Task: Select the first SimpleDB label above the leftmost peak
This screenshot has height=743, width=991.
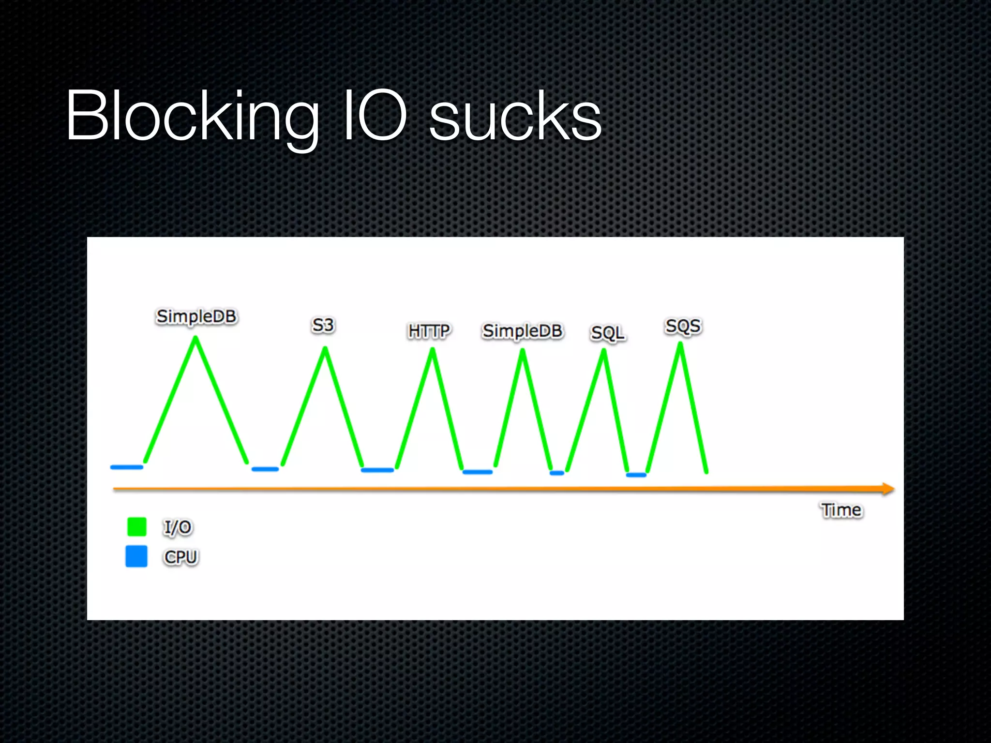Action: [196, 316]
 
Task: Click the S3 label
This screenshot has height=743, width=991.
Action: [323, 325]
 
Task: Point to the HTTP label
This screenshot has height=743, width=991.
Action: [429, 331]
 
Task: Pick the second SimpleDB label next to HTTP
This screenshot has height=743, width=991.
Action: [523, 331]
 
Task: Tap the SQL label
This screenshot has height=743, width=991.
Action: [608, 333]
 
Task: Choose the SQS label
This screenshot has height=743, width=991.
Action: [683, 326]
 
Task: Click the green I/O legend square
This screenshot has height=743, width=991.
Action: [137, 527]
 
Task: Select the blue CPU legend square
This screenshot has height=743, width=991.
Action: [136, 556]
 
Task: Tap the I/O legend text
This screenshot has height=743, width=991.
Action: [178, 527]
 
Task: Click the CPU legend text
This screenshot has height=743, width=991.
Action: [181, 557]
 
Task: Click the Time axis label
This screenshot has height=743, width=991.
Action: [841, 510]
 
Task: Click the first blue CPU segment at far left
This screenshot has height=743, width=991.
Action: [127, 467]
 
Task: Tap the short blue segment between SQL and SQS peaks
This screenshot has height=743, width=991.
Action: [636, 475]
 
